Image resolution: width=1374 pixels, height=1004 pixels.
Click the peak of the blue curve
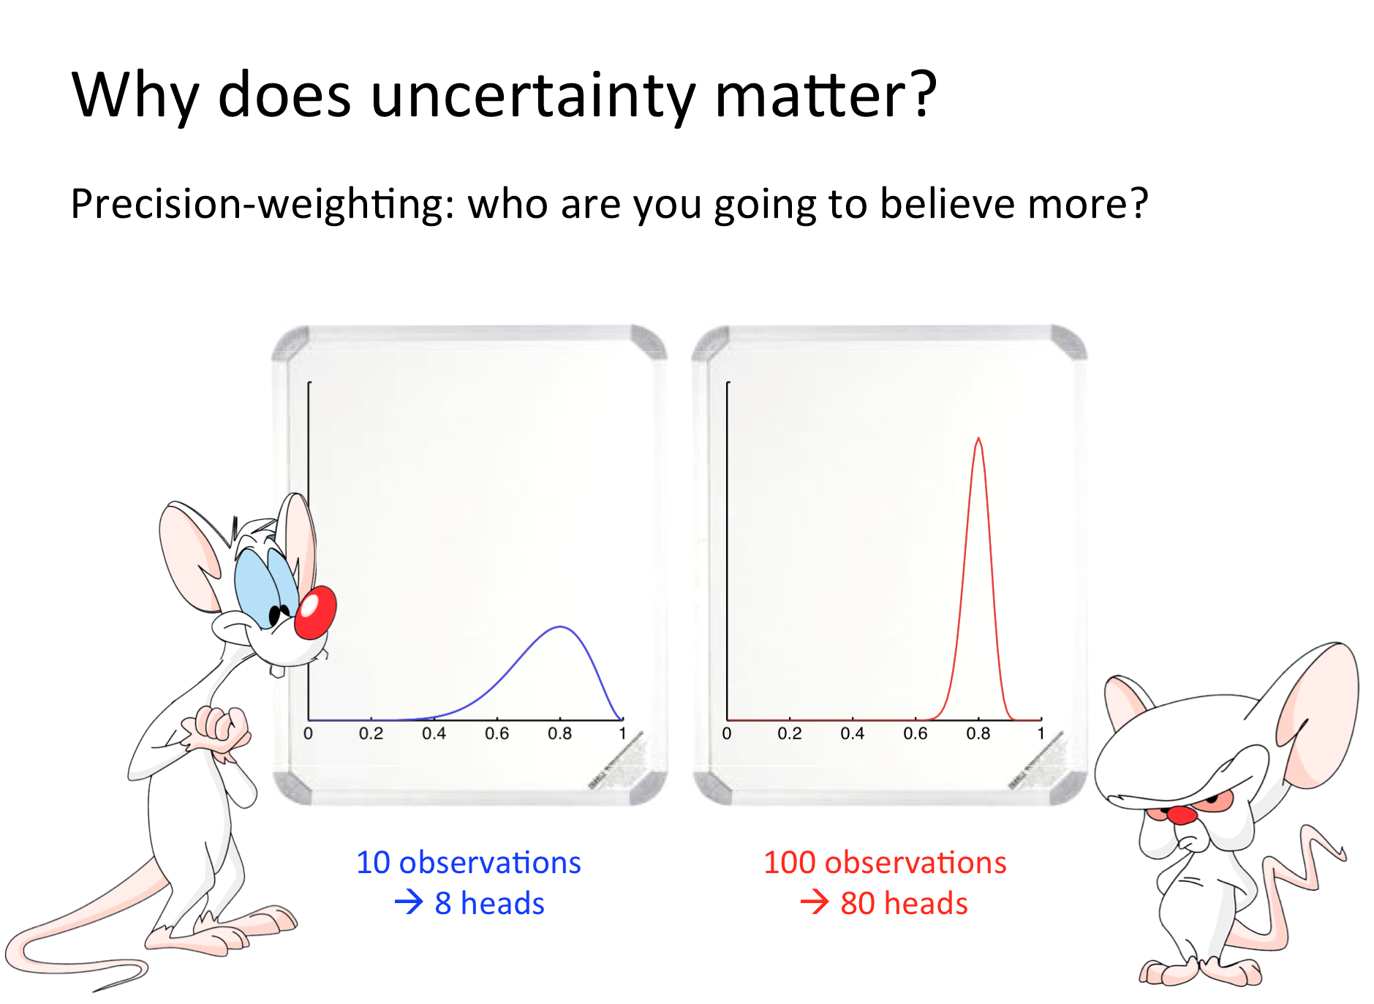point(560,627)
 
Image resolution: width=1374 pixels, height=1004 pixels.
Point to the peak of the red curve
point(978,439)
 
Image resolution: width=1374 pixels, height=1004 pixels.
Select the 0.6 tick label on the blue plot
point(497,733)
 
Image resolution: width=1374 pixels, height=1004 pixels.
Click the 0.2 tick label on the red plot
point(790,733)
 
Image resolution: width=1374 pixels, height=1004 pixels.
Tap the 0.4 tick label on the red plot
point(853,733)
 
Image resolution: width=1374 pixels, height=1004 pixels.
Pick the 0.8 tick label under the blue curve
point(560,733)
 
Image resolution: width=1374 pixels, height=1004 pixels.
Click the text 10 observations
point(469,863)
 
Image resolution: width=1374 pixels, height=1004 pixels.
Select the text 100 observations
point(885,863)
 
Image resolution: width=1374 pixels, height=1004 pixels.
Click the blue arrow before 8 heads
point(409,902)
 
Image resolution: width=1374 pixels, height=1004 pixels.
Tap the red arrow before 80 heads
point(815,902)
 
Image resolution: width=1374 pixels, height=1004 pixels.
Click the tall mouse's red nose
point(315,612)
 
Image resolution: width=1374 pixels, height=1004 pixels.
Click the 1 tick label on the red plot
point(1041,733)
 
